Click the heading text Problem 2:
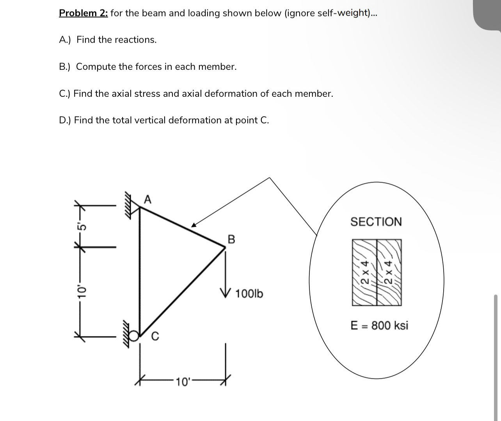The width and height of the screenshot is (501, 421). (83, 13)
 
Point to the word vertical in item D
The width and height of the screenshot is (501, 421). (149, 120)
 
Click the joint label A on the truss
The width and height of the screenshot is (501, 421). (147, 200)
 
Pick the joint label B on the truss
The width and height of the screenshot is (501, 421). (231, 239)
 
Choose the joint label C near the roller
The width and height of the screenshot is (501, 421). (155, 336)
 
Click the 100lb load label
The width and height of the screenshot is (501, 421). (249, 293)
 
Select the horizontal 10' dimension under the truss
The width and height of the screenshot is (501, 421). (182, 381)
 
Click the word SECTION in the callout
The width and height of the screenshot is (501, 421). (376, 222)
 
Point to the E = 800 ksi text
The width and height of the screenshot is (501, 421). (379, 325)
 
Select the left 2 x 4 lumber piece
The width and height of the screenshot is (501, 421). (364, 272)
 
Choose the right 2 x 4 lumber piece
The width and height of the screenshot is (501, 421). (389, 272)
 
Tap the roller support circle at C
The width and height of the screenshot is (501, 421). (134, 335)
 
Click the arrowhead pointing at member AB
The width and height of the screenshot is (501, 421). (194, 225)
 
